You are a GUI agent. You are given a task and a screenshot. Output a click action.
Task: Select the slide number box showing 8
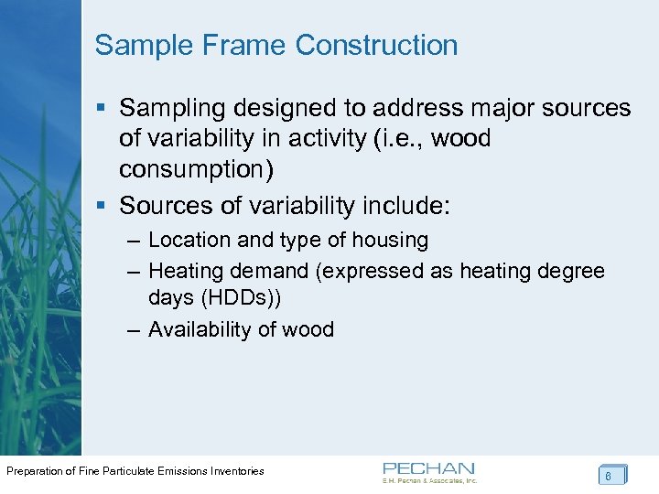pos(612,475)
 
